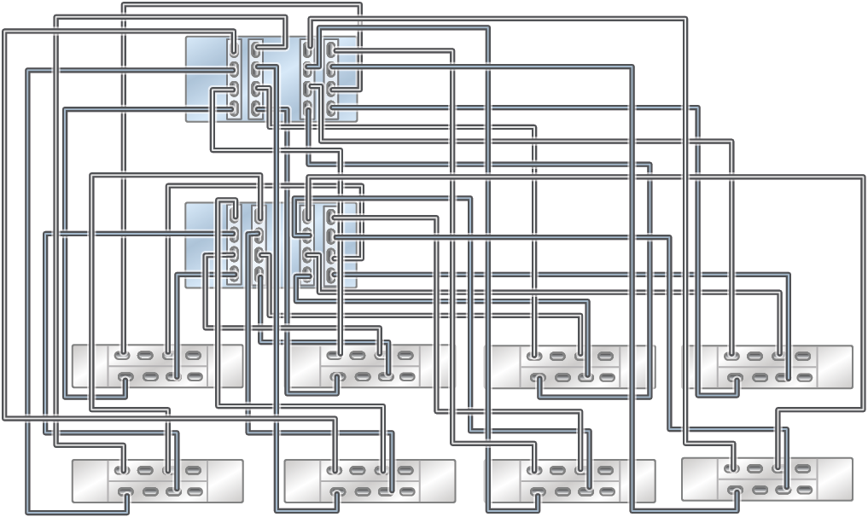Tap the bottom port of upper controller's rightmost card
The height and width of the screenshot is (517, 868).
(x=331, y=108)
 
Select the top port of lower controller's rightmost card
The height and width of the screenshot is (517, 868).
(x=331, y=217)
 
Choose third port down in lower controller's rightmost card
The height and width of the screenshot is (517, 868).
(x=331, y=255)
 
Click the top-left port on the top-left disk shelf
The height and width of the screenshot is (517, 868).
(x=123, y=356)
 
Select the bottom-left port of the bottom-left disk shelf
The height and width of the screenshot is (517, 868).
(x=125, y=491)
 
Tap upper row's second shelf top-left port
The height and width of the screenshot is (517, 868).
(x=335, y=356)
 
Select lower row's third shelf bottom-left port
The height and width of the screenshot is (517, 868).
(x=535, y=491)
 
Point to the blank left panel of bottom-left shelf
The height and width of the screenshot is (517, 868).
(x=90, y=480)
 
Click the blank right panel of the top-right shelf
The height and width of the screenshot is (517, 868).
(x=835, y=366)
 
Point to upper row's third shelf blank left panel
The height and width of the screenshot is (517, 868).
(x=503, y=366)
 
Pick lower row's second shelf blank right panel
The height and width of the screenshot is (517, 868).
(x=437, y=480)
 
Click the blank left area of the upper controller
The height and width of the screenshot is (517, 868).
(x=206, y=78)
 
